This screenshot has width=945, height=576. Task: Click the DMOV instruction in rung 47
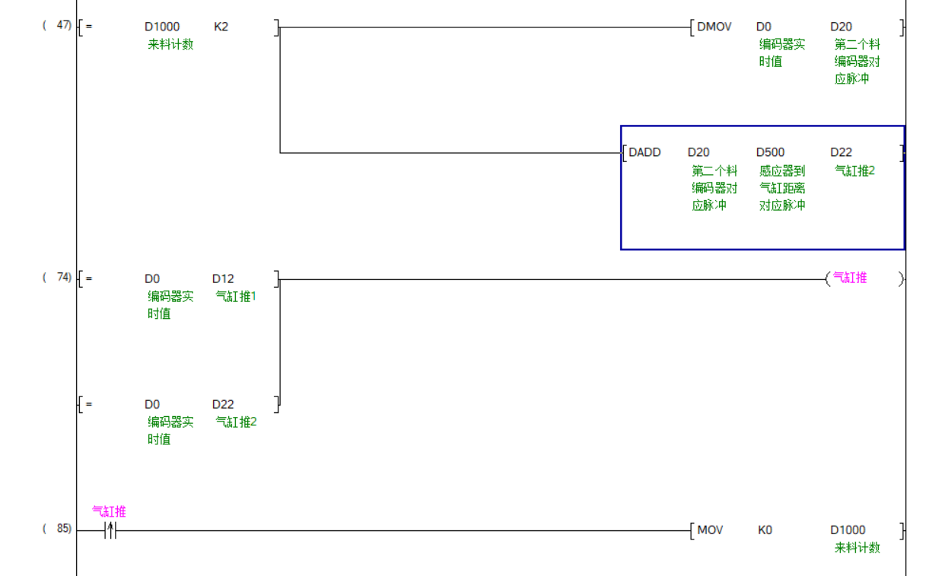coord(714,27)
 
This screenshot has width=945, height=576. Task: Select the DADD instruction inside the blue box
coord(644,152)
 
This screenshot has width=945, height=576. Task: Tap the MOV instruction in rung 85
coord(710,530)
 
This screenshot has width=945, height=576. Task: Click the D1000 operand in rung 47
coord(162,27)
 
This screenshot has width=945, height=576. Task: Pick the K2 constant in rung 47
coord(221,27)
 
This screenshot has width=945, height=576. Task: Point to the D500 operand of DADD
coord(770,152)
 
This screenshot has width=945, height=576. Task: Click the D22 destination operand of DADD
coord(841,152)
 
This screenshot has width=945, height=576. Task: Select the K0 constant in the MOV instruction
coord(765,530)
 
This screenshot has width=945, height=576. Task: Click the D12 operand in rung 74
coord(223,278)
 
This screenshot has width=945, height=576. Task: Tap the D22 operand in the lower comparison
coord(223,404)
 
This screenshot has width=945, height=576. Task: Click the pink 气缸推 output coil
coord(850,278)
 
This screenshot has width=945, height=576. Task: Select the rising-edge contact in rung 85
coord(110,530)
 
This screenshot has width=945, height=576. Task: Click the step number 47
coord(64,25)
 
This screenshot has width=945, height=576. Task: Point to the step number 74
coord(64,277)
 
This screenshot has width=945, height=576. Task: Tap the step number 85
coord(64,528)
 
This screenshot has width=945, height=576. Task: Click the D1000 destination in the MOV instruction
coord(848,530)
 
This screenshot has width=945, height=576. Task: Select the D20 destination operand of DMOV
coord(841,27)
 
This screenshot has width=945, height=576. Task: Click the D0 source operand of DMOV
coord(763,27)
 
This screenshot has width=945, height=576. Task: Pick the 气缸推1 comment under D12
coord(236,296)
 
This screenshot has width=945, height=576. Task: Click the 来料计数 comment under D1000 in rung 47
coord(170,44)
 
